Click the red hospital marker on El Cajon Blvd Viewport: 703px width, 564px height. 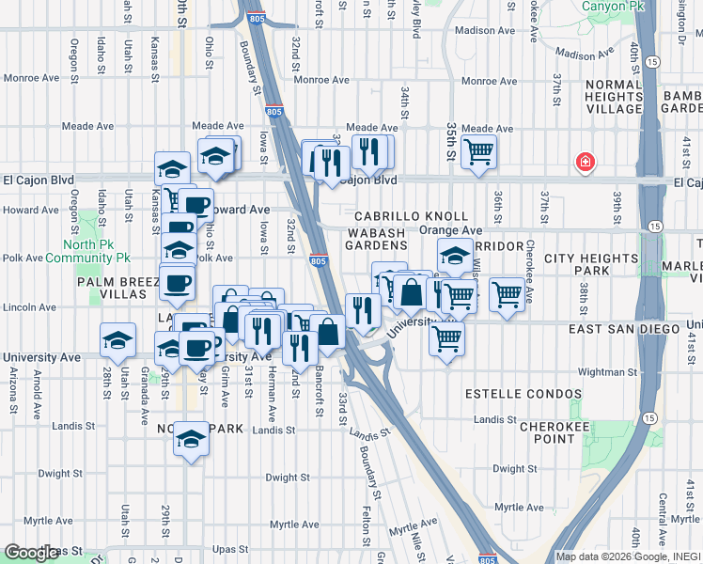pos(586,163)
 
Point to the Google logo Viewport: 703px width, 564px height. pos(31,554)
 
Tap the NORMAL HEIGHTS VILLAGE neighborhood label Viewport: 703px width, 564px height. pos(613,97)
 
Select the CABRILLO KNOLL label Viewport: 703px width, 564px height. pos(411,216)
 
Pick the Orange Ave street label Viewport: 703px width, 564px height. pos(450,230)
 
